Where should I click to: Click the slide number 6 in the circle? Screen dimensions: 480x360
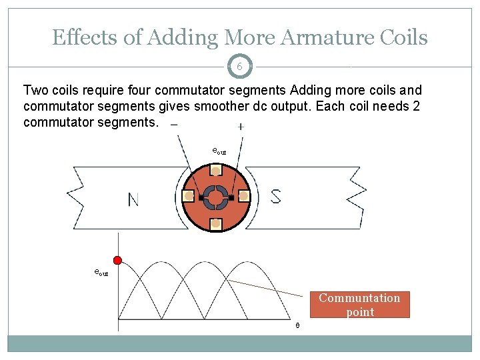pos(239,67)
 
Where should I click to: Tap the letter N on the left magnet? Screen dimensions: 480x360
pos(133,199)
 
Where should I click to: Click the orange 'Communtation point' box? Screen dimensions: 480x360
pos(360,305)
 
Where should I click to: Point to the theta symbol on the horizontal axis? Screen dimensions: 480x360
pos(297,325)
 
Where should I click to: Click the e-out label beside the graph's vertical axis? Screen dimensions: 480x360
pos(101,272)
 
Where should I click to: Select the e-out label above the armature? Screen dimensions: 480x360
pos(219,151)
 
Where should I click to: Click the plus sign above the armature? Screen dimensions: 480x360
pos(240,126)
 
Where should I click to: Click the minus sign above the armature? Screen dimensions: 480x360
pos(174,125)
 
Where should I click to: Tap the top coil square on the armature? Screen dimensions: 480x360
pos(216,171)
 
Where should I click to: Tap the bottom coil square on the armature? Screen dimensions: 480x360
pos(216,224)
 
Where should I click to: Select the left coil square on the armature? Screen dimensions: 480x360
pos(189,197)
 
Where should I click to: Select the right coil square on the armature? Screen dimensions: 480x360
pos(243,197)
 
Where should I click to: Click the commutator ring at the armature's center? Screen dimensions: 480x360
pos(216,197)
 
